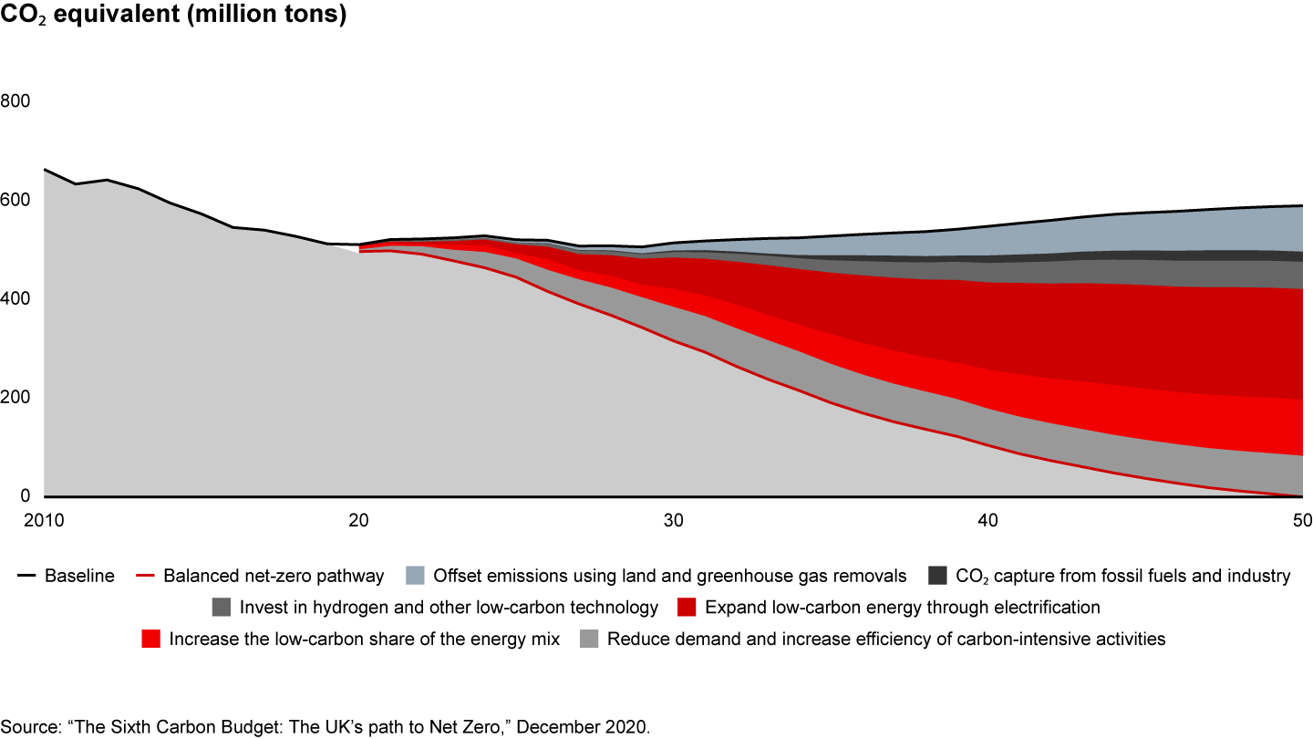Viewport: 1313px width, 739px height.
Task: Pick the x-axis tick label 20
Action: (358, 520)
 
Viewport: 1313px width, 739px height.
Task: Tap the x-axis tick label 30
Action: (673, 520)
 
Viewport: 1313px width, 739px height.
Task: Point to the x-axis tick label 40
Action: (988, 520)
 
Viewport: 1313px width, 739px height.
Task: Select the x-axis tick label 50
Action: (1302, 520)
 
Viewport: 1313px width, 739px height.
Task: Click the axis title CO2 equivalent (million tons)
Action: (173, 17)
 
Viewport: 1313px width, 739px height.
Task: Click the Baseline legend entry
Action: (79, 576)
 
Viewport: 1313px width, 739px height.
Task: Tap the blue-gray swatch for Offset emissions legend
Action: (415, 576)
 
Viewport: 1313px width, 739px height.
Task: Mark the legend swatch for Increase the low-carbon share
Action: (152, 639)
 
